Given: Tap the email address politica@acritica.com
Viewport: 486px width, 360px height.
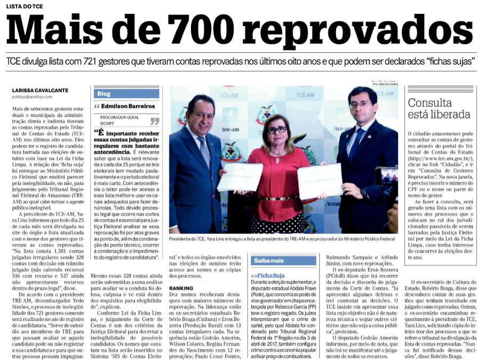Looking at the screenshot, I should pos(32,97).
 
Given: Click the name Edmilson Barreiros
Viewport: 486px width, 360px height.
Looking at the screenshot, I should pos(124,106).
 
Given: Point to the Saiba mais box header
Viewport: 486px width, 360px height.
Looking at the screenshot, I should pos(268,261).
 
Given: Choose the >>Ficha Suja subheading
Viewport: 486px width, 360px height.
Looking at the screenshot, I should pos(270,275).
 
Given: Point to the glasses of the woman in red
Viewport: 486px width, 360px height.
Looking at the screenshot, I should pos(277,130).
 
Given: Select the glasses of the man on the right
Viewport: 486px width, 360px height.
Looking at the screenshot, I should pos(361,105).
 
